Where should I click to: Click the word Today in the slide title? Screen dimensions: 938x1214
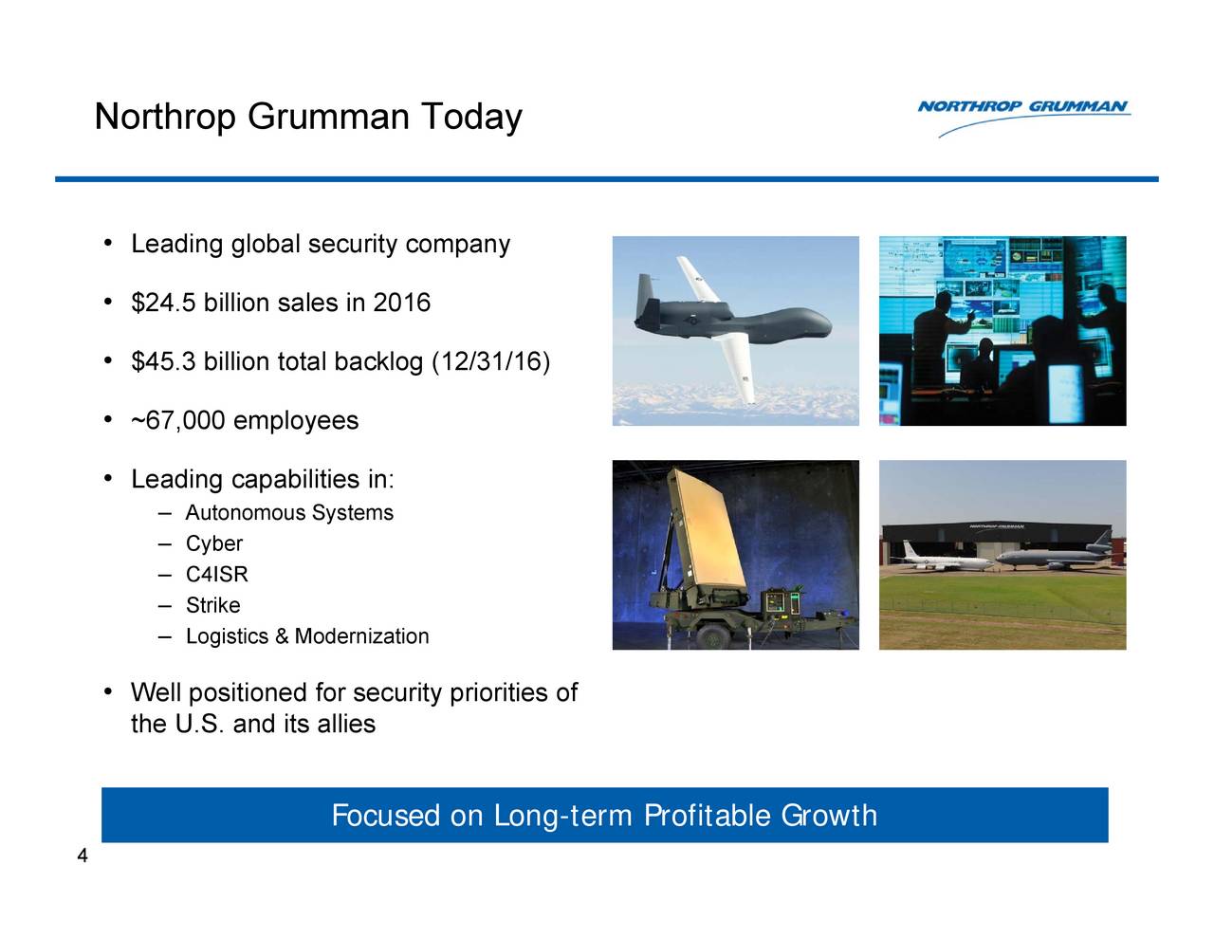tap(471, 118)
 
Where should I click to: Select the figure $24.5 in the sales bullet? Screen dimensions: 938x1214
tap(165, 303)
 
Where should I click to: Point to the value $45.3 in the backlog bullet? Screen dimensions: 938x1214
tap(165, 362)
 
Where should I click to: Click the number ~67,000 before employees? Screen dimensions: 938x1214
tap(178, 421)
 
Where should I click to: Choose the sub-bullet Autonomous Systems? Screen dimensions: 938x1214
tap(289, 513)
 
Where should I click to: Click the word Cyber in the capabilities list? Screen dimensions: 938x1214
tap(214, 544)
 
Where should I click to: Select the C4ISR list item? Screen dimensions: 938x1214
tap(217, 575)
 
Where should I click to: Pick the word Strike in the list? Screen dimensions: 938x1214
tap(213, 606)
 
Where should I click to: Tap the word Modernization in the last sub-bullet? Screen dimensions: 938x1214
tap(361, 636)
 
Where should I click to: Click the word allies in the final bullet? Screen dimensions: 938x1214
tap(346, 725)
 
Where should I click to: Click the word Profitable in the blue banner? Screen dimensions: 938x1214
tap(708, 816)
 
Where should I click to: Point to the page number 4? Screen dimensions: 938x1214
tap(83, 856)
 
